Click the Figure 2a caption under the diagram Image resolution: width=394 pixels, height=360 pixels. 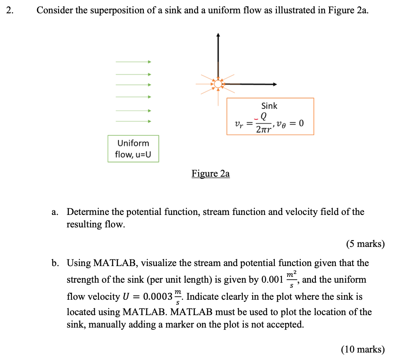click(210, 174)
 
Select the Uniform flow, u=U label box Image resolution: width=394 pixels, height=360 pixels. click(133, 149)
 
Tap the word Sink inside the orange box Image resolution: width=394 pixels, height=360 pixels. click(269, 106)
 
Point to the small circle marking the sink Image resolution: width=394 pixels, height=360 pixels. click(218, 84)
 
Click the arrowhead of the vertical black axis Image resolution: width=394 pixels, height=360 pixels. click(218, 36)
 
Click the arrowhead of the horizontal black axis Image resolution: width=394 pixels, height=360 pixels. click(274, 84)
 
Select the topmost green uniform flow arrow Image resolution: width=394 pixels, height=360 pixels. click(133, 62)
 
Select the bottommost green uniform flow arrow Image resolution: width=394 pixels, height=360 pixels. click(133, 121)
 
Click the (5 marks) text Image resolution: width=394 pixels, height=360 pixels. click(365, 244)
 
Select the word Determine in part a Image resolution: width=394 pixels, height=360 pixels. click(88, 212)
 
